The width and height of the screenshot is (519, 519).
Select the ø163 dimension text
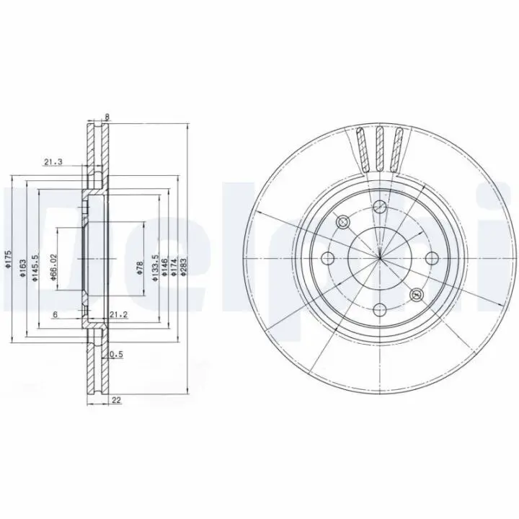tap(22, 267)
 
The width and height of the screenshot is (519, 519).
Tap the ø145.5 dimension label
tap(35, 268)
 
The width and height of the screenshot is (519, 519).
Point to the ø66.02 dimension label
tap(54, 267)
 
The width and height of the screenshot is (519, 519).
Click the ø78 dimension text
tap(140, 267)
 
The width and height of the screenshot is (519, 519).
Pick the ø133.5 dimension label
tap(154, 268)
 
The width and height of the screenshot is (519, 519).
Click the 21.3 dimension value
tap(53, 162)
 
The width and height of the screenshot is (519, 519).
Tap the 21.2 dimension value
tap(118, 315)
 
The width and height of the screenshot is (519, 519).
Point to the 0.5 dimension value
tap(116, 355)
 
